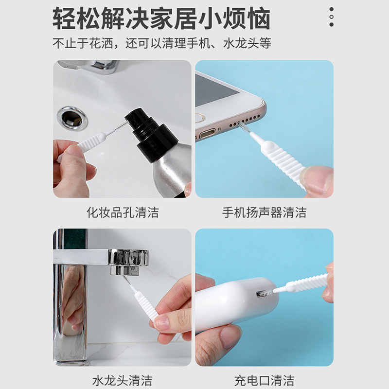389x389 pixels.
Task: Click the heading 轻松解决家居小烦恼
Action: point(161,18)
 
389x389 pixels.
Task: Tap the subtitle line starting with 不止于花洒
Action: point(162,43)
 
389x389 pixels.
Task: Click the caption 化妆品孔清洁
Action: point(123,212)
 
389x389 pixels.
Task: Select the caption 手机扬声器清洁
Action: point(264,212)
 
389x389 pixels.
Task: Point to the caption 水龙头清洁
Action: point(123,381)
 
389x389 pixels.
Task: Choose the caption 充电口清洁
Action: point(264,381)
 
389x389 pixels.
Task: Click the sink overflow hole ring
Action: point(72,118)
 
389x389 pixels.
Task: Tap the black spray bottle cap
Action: point(151,134)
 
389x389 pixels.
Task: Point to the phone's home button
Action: point(200,118)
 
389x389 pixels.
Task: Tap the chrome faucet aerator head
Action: point(128,262)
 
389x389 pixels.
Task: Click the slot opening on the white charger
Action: point(263,294)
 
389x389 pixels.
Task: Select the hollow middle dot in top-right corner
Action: point(332,17)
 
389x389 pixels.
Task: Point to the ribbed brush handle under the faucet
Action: point(146,306)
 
